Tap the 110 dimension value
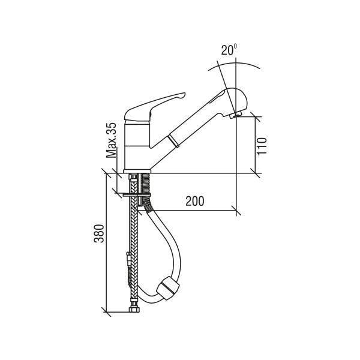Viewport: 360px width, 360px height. pyautogui.click(x=262, y=146)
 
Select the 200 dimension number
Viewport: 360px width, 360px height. pyautogui.click(x=194, y=201)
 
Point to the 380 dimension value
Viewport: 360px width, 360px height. pyautogui.click(x=99, y=233)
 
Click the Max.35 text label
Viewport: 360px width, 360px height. pyautogui.click(x=112, y=140)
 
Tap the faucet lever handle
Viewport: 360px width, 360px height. pyautogui.click(x=154, y=106)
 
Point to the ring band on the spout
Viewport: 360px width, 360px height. pyautogui.click(x=174, y=141)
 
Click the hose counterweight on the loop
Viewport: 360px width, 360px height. pyautogui.click(x=168, y=288)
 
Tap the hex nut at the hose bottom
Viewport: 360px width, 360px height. pyautogui.click(x=133, y=309)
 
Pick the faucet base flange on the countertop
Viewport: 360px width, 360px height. pyautogui.click(x=137, y=171)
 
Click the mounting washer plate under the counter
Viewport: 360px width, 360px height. pyautogui.click(x=137, y=195)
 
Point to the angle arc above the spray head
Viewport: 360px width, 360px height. pyautogui.click(x=234, y=64)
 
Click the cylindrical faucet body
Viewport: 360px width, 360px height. pyautogui.click(x=137, y=146)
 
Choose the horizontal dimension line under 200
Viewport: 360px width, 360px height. pyautogui.click(x=187, y=210)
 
